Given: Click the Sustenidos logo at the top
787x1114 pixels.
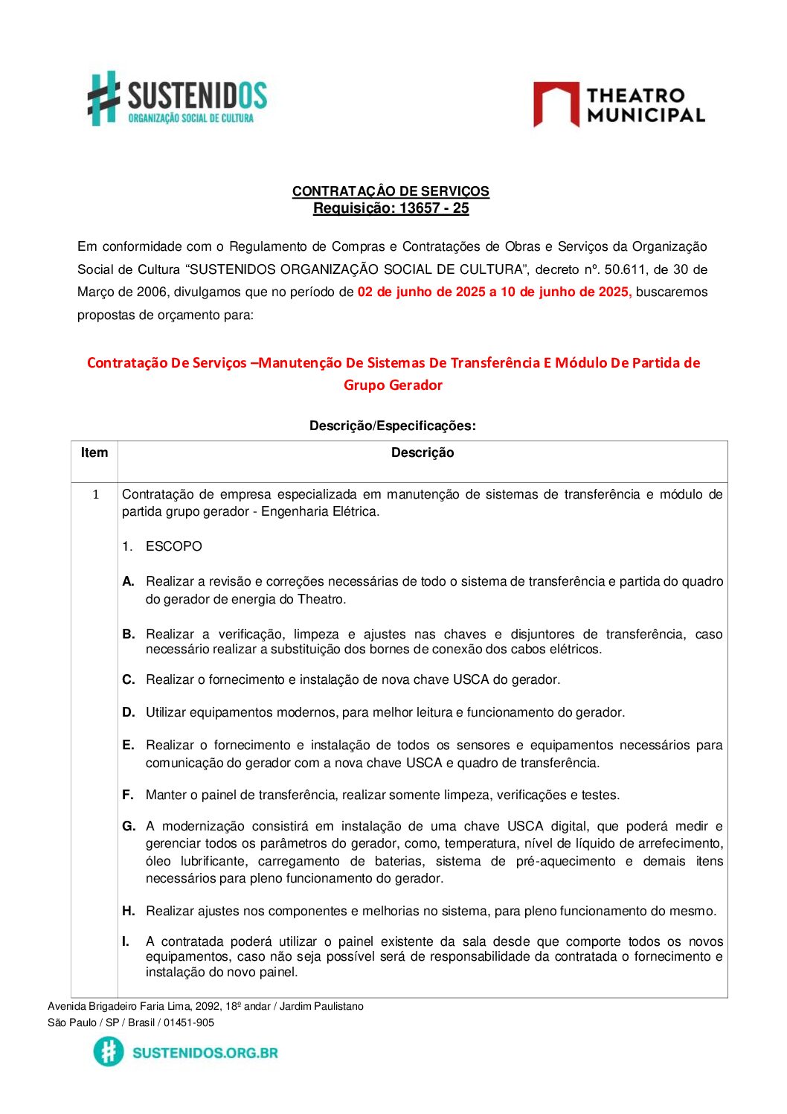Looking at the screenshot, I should [x=177, y=98].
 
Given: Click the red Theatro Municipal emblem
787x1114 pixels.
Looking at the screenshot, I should [x=556, y=104].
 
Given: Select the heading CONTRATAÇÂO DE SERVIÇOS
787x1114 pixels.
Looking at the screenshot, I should [x=391, y=191].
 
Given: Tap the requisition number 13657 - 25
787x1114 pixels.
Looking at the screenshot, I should [x=434, y=208].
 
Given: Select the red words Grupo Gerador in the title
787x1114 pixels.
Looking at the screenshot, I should [x=393, y=385].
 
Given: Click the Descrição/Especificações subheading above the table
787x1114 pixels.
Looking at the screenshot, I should [x=392, y=426].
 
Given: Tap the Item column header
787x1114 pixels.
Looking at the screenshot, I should [x=94, y=453].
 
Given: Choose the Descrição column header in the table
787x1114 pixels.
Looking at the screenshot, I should [x=422, y=453].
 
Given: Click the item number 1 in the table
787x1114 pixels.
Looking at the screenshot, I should [x=95, y=495].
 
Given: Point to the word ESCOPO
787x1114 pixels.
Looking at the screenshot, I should [x=174, y=546].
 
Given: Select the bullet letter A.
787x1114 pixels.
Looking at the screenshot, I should [x=128, y=581].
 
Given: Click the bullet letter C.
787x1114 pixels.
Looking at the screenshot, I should [x=129, y=679].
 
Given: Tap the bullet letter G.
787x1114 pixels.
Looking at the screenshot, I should [x=129, y=826].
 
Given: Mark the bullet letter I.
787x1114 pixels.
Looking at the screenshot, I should [x=126, y=941].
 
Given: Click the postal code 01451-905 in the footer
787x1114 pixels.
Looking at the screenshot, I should [x=189, y=1022].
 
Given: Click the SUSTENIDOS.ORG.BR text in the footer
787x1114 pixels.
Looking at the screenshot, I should [x=205, y=1053].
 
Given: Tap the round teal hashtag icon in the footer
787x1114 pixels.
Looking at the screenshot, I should [x=109, y=1052].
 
